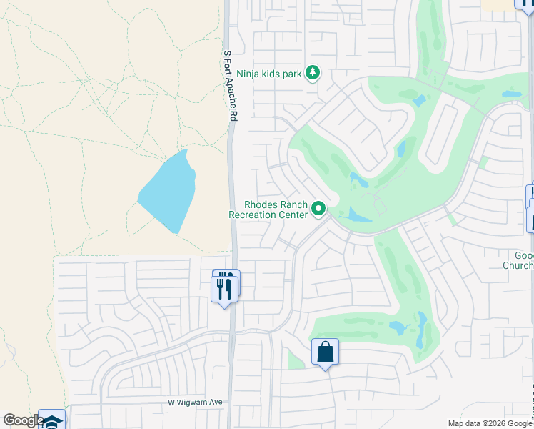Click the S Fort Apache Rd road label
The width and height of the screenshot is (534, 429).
(228, 88)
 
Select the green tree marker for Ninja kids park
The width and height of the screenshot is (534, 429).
(313, 72)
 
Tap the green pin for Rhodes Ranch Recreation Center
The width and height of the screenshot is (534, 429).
(318, 209)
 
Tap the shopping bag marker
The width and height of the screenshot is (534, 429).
(325, 352)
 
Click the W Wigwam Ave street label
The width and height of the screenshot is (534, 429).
(195, 403)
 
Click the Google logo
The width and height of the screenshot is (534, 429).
(24, 420)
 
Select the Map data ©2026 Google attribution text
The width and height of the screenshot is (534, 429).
(490, 423)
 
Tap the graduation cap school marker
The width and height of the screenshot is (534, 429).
(51, 420)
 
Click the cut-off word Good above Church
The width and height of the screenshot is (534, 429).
(523, 255)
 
